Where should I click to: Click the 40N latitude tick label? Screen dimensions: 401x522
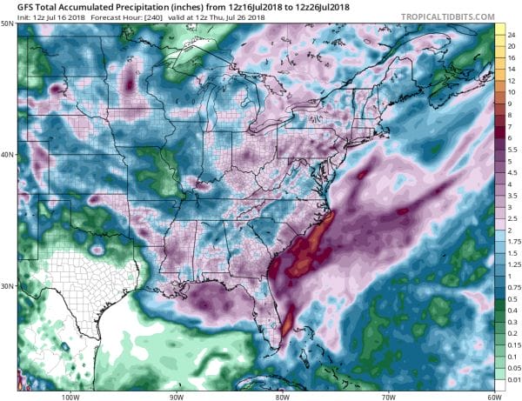[7, 156]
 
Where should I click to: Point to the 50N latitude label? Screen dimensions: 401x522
[7, 23]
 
